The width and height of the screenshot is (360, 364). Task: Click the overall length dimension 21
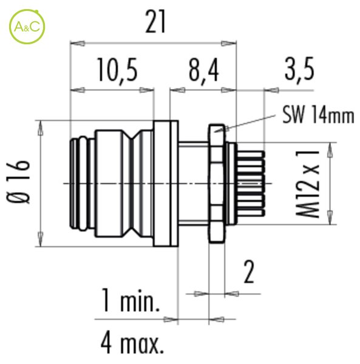tap(155, 22)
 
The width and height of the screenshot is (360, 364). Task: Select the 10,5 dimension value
tap(118, 70)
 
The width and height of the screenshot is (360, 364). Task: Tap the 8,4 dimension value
tap(203, 70)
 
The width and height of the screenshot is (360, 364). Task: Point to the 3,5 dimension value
tap(299, 69)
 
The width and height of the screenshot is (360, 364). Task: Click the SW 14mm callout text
tap(318, 115)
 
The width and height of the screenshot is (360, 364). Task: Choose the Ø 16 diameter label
tap(18, 181)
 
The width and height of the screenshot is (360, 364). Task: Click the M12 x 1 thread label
tap(307, 184)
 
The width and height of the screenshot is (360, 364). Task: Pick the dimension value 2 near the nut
tap(249, 272)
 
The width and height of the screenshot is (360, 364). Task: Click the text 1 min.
tap(131, 300)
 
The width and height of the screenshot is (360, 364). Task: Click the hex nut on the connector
tap(217, 184)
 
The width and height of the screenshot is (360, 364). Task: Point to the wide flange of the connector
tap(166, 183)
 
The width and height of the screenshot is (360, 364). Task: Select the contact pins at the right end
tap(250, 183)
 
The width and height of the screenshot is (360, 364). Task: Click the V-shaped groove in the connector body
tap(132, 183)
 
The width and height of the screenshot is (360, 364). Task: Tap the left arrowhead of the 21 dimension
tap(77, 44)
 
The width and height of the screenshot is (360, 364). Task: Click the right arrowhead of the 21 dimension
tap(228, 44)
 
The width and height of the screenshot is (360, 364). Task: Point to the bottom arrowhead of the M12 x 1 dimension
tap(330, 217)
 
